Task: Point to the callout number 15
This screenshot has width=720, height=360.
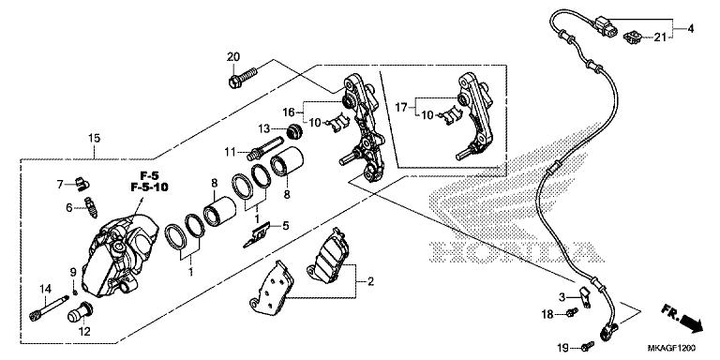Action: (93, 140)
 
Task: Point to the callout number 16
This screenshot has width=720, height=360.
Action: (290, 111)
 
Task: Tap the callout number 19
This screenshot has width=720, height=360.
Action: (562, 349)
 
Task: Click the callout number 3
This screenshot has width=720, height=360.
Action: (562, 296)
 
